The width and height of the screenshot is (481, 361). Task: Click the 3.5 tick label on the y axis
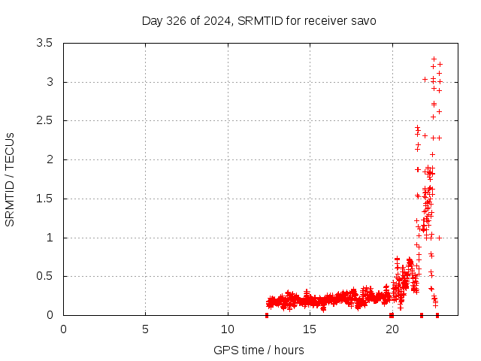(x=44, y=43)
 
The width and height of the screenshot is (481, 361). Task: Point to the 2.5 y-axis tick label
(x=44, y=120)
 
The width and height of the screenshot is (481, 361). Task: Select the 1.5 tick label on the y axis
(x=44, y=199)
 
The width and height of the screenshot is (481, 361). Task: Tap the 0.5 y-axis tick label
(x=44, y=276)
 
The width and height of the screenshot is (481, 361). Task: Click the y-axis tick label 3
(x=49, y=82)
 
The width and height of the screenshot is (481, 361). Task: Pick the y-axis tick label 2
(x=49, y=159)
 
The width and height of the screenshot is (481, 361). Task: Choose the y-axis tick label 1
(x=49, y=238)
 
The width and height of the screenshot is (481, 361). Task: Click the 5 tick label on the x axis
(x=145, y=329)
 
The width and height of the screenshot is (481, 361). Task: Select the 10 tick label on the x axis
(x=228, y=329)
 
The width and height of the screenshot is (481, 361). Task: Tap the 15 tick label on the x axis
(x=310, y=329)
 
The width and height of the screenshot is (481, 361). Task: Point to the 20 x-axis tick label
(x=392, y=329)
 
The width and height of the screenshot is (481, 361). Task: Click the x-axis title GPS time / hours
(x=259, y=350)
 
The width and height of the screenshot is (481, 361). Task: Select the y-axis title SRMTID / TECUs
(x=11, y=179)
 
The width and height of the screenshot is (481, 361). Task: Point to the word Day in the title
(x=153, y=20)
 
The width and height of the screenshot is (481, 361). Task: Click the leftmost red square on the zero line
(x=267, y=315)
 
